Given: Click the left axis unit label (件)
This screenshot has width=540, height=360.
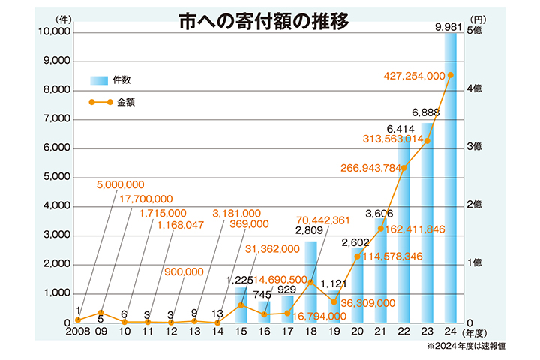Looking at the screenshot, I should coord(62,19).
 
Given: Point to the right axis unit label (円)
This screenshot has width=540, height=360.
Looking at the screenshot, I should coord(478,19).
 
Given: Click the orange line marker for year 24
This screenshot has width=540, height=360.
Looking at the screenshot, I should coord(450,75).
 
